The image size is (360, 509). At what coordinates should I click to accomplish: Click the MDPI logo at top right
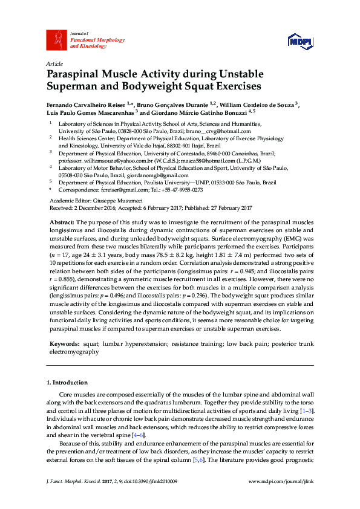(x=299, y=41)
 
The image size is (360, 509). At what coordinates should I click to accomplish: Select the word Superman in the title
(x=71, y=86)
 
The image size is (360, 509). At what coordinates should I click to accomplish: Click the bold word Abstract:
(x=62, y=223)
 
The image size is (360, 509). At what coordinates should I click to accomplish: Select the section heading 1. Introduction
(x=67, y=383)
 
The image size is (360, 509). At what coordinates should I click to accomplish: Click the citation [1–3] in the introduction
(x=307, y=411)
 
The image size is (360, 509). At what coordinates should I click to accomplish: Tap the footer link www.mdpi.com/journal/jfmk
(x=281, y=498)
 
